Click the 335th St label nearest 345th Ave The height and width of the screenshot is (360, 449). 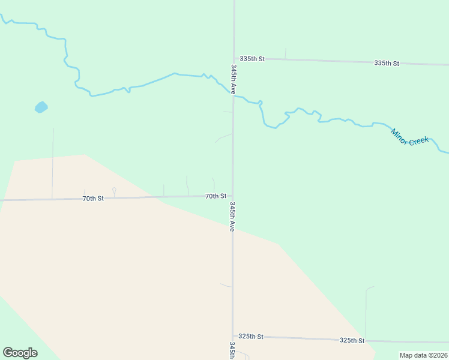click(252, 59)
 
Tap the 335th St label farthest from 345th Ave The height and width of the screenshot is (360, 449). click(387, 63)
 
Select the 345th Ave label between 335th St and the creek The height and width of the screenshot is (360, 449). click(233, 79)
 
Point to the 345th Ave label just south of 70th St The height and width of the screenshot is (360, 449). click(232, 217)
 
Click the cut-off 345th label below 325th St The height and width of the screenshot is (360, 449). click(232, 350)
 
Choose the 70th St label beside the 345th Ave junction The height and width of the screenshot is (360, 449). click(215, 196)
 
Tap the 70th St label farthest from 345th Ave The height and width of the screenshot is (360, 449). click(93, 198)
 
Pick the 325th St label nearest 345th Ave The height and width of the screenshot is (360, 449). click(251, 337)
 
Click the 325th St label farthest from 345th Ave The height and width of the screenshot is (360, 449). click(352, 340)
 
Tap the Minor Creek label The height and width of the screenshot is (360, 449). click(410, 136)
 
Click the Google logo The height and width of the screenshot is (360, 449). click(20, 353)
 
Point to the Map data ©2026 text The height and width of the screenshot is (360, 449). click(424, 355)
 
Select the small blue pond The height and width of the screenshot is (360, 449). click(41, 107)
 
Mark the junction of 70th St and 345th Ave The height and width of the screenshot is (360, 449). click(233, 196)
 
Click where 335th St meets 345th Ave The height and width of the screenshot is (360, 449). click(234, 58)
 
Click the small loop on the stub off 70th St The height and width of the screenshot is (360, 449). click(114, 190)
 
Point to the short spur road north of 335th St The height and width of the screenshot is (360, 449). click(285, 53)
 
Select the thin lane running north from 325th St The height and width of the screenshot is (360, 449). click(366, 312)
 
